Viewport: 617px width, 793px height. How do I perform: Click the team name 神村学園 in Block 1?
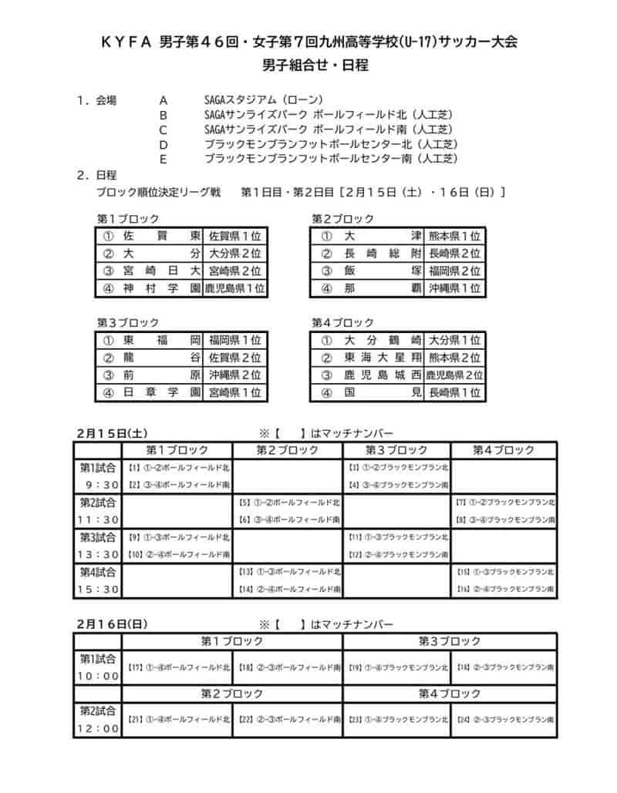point(161,288)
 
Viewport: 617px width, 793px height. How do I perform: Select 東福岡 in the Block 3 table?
point(161,340)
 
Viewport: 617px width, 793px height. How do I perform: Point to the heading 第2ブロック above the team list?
point(342,219)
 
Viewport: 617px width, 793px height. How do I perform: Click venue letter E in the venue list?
point(163,158)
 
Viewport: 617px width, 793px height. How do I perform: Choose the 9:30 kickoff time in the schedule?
point(98,485)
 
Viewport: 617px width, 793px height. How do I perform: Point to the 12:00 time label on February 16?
point(98,728)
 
